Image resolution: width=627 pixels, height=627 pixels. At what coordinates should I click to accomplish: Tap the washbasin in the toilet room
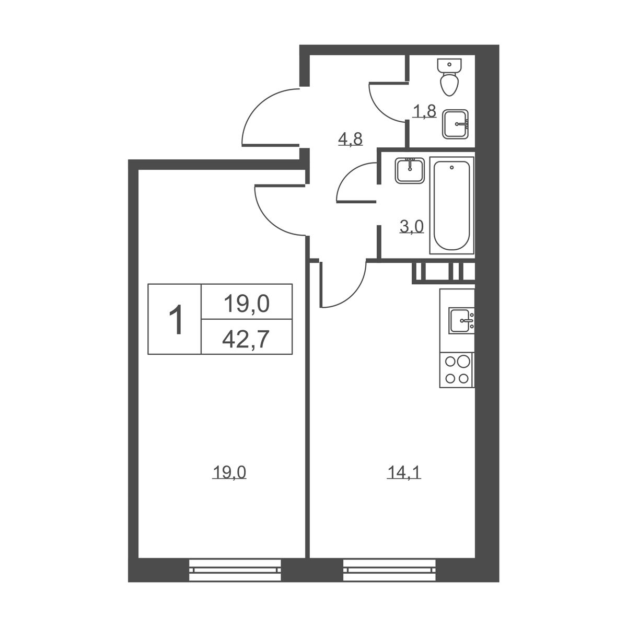455,124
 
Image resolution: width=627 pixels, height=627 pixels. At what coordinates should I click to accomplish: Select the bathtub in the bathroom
451,205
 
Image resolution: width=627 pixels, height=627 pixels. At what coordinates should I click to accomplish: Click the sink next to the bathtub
410,170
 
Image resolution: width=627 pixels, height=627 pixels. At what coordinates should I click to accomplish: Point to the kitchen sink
461,321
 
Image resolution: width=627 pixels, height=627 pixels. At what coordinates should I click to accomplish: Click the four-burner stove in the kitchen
457,370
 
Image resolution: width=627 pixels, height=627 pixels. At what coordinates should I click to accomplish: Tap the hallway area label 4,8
351,140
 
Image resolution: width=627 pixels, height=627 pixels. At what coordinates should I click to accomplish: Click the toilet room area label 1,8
425,112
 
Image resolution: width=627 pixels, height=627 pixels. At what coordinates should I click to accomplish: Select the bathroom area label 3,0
412,227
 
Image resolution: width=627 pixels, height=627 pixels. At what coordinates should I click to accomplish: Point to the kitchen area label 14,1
404,472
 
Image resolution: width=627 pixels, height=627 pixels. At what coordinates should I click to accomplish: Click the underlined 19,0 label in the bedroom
229,472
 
